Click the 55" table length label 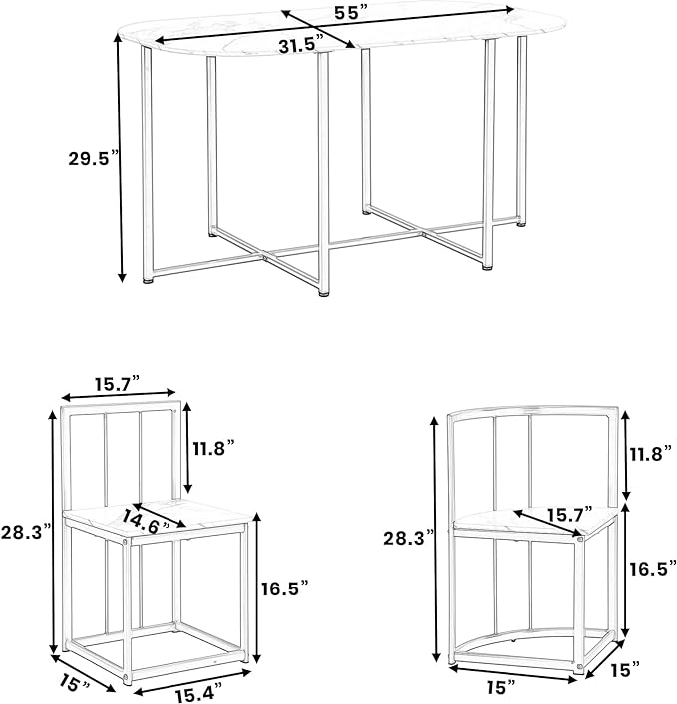351,13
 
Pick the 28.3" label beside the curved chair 409,538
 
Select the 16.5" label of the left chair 285,588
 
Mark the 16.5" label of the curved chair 653,569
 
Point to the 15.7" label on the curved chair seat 569,515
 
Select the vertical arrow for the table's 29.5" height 120,158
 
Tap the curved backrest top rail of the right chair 533,411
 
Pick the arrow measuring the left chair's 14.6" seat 160,515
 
